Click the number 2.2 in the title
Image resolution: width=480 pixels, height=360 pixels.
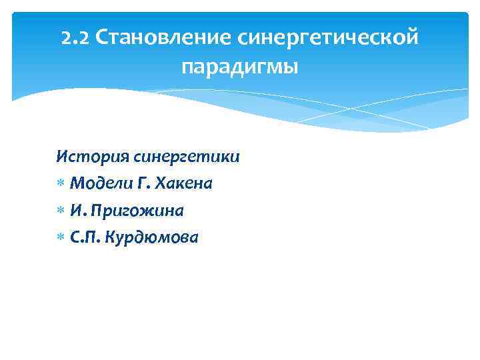(74, 38)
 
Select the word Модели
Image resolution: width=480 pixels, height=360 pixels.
(96, 184)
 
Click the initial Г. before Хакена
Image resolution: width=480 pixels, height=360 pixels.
(133, 184)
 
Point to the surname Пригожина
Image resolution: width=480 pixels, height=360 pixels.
(137, 211)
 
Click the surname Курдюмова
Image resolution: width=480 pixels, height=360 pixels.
(152, 237)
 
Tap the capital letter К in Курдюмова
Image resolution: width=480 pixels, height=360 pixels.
(111, 237)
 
